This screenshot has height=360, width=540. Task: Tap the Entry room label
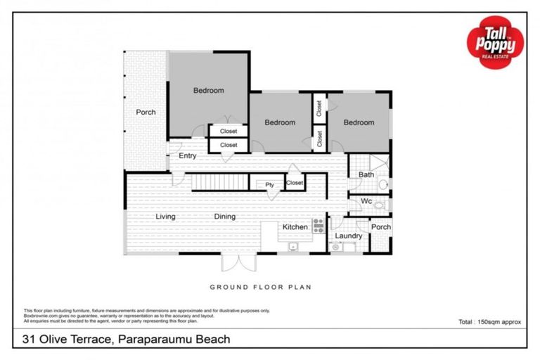[187, 155]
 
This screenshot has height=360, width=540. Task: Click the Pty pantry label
[269, 185]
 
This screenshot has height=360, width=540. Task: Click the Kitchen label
[295, 227]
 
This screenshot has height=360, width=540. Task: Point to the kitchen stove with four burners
[318, 226]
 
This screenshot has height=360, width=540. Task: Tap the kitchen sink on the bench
[292, 246]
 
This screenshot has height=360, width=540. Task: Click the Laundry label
[348, 236]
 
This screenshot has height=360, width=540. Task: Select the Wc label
[366, 202]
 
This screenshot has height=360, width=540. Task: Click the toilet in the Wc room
[380, 205]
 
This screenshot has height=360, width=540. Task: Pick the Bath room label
[366, 174]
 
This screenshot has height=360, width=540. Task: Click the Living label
[165, 217]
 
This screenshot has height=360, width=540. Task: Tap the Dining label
[224, 217]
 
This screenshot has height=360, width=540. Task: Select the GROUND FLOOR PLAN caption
[260, 287]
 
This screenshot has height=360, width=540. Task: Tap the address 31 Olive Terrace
[63, 340]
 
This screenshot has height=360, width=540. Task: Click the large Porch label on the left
[146, 112]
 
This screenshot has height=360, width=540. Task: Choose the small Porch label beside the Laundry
[380, 227]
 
